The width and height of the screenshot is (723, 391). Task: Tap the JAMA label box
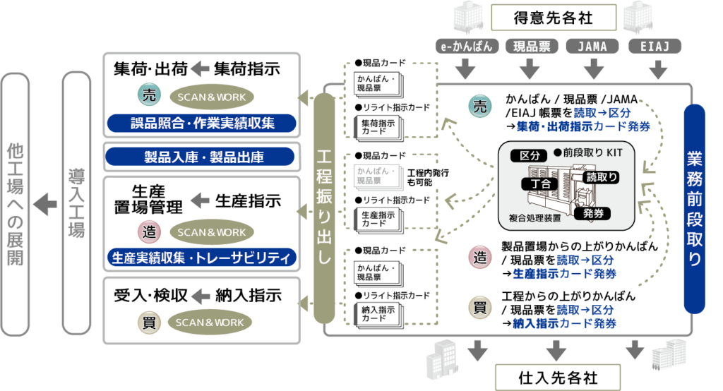coord(593,47)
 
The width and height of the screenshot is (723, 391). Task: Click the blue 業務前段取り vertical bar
coord(695,209)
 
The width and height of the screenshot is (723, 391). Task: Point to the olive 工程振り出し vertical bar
coord(323,209)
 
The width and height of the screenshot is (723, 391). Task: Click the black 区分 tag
coord(529,155)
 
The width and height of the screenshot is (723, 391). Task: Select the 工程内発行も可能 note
coord(430,178)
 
